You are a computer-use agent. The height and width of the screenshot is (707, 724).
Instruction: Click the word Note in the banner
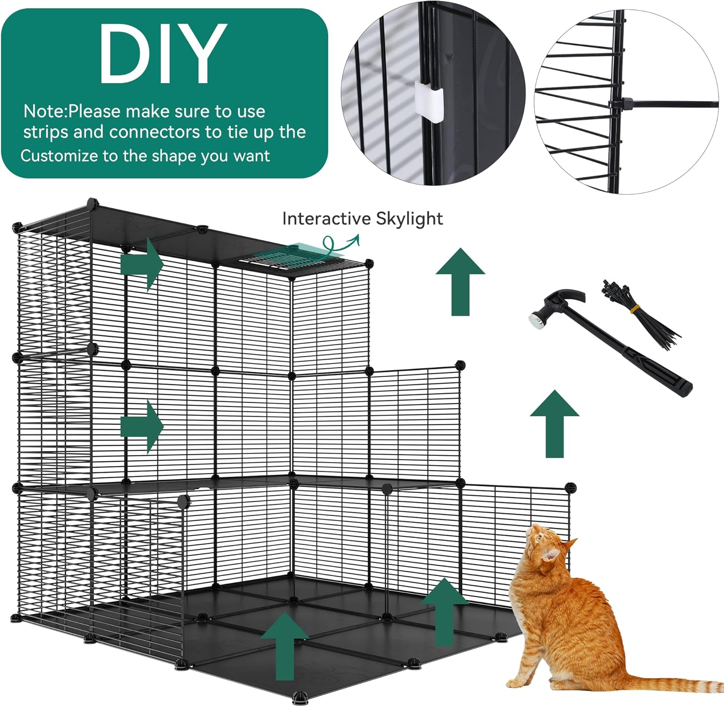coord(44,112)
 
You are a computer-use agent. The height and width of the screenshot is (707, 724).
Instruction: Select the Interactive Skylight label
coord(362,219)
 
